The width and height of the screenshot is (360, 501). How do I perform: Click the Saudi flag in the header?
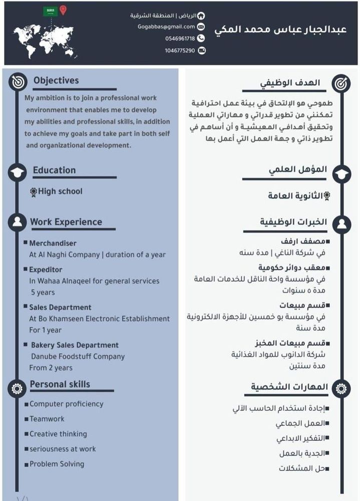coord(50,11)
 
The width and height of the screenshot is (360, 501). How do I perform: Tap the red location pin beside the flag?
coord(63,11)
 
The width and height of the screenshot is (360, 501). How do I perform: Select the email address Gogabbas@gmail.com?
coord(166,27)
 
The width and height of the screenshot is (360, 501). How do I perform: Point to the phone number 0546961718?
coord(180,38)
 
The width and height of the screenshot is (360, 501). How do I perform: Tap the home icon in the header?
coord(201,16)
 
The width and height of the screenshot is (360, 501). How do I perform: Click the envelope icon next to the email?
coord(201,27)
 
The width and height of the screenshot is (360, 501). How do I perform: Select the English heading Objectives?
coord(56,80)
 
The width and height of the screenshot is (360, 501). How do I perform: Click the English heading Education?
coord(54,170)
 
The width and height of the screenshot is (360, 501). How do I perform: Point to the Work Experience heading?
coord(66,222)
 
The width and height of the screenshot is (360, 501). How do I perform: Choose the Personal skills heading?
coord(60,384)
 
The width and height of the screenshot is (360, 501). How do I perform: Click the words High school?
coord(60,191)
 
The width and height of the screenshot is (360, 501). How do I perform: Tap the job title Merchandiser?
coord(53,243)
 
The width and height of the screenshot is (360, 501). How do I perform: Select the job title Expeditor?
coord(46,270)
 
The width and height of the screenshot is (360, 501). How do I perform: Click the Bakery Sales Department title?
coord(75,345)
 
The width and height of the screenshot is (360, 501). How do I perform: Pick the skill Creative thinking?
coord(58,434)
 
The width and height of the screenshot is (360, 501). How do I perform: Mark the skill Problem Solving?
coord(57,464)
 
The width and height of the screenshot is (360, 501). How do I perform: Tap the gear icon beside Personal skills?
coord(17,387)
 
